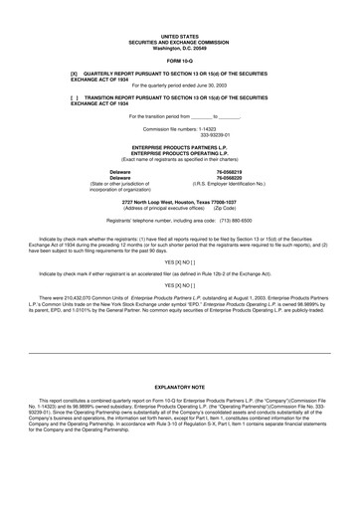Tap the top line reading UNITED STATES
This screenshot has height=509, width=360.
179,34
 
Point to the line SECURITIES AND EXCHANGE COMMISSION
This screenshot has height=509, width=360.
179,40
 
